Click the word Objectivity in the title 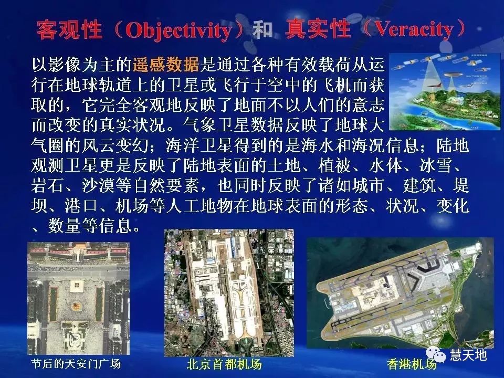click(178, 31)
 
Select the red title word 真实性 click(318, 30)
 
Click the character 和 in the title click(262, 30)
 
